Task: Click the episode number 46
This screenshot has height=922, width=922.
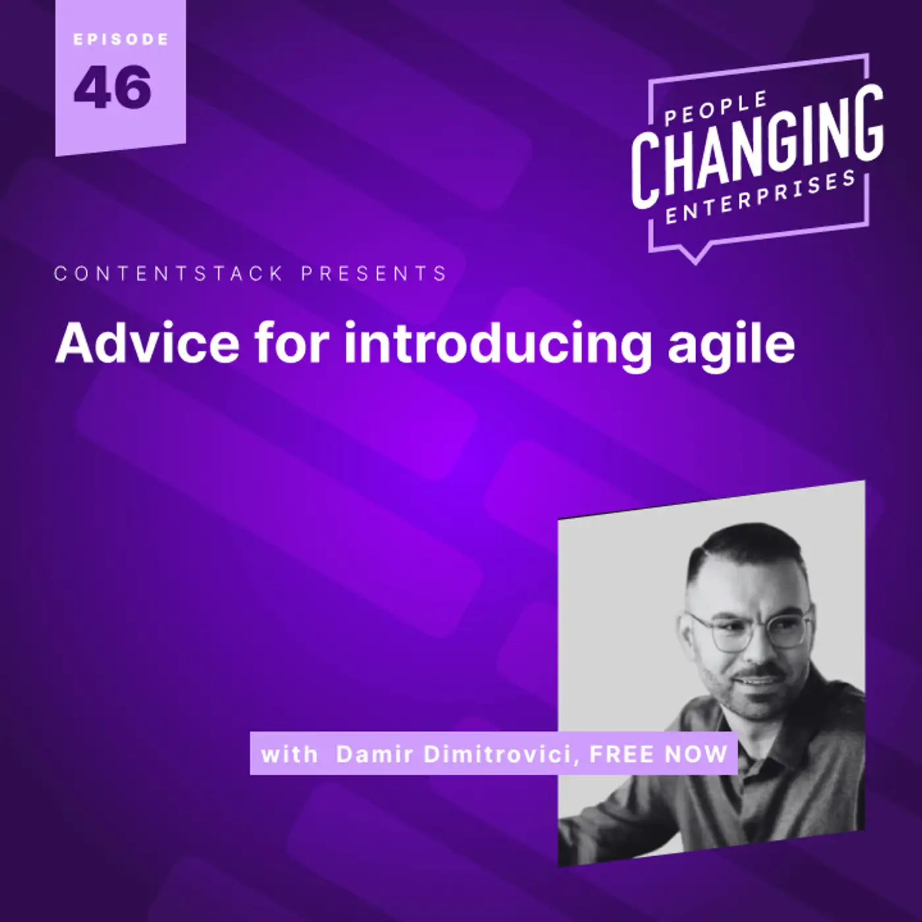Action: [113, 86]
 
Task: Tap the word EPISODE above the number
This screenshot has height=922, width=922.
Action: [121, 40]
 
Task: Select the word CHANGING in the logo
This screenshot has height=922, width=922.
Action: [757, 146]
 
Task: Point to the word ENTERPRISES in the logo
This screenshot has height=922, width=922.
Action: [760, 198]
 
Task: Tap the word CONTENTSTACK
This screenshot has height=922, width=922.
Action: [169, 274]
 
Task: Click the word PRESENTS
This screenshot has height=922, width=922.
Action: [374, 274]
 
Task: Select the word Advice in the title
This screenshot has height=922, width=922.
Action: [148, 343]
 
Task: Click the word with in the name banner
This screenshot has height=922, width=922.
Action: [290, 755]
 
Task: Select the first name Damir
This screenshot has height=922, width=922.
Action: [375, 755]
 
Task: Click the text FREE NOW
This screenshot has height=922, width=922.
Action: [659, 755]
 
